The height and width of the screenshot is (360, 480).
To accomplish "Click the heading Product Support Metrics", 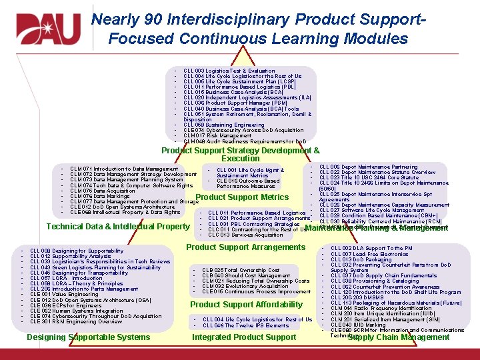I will point(242,197).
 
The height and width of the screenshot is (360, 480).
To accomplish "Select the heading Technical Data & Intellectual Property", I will point(118,227).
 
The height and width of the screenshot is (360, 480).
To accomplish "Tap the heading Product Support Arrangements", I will point(245,247).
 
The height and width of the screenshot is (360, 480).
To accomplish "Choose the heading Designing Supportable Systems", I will point(88,337).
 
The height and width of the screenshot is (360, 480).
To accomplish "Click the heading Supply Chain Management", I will point(399,337).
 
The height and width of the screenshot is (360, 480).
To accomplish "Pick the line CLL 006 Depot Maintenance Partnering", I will point(368,167).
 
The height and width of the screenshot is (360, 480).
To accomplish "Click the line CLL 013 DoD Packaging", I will point(361,259).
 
